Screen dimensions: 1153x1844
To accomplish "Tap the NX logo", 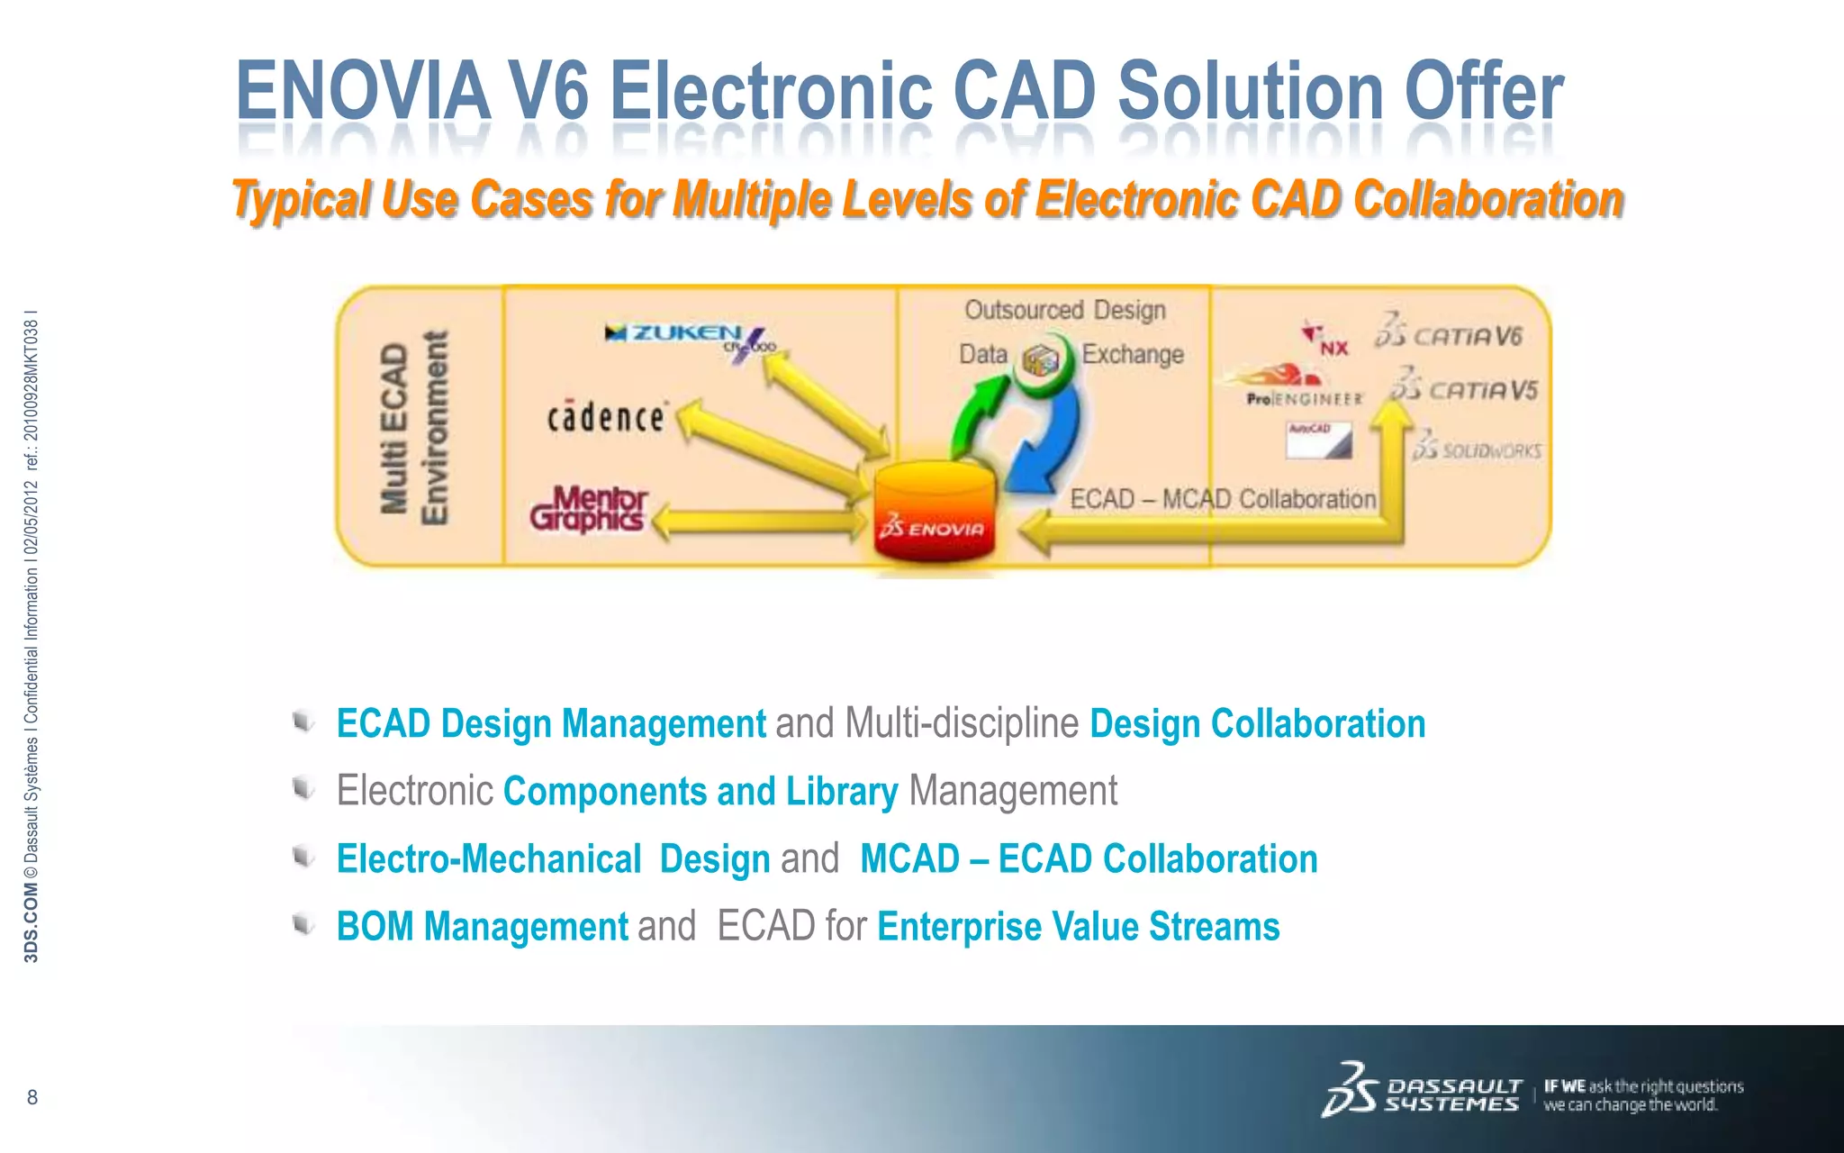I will click(1325, 340).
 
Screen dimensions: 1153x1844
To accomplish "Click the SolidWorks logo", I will click(1477, 448).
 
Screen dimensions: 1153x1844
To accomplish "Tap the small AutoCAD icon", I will click(1318, 440).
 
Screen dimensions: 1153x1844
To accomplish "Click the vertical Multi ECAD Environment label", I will click(413, 428).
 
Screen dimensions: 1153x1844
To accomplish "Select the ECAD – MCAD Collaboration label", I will click(1223, 499).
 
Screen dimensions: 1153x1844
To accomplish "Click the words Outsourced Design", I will click(1065, 310).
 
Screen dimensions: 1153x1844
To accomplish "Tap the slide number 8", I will click(32, 1097).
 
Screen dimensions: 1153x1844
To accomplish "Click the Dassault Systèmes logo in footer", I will click(1422, 1092).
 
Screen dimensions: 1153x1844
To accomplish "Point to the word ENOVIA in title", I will click(363, 91).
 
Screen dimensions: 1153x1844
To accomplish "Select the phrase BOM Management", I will click(482, 927).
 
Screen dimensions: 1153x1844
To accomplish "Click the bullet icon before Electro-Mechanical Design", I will click(303, 857).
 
